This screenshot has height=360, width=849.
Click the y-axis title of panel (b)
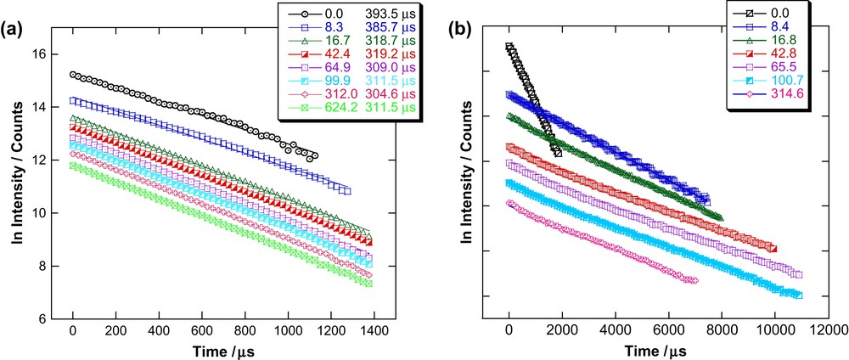(x=466, y=178)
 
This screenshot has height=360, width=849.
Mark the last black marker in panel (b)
(x=557, y=151)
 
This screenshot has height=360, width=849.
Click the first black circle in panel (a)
(x=74, y=75)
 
